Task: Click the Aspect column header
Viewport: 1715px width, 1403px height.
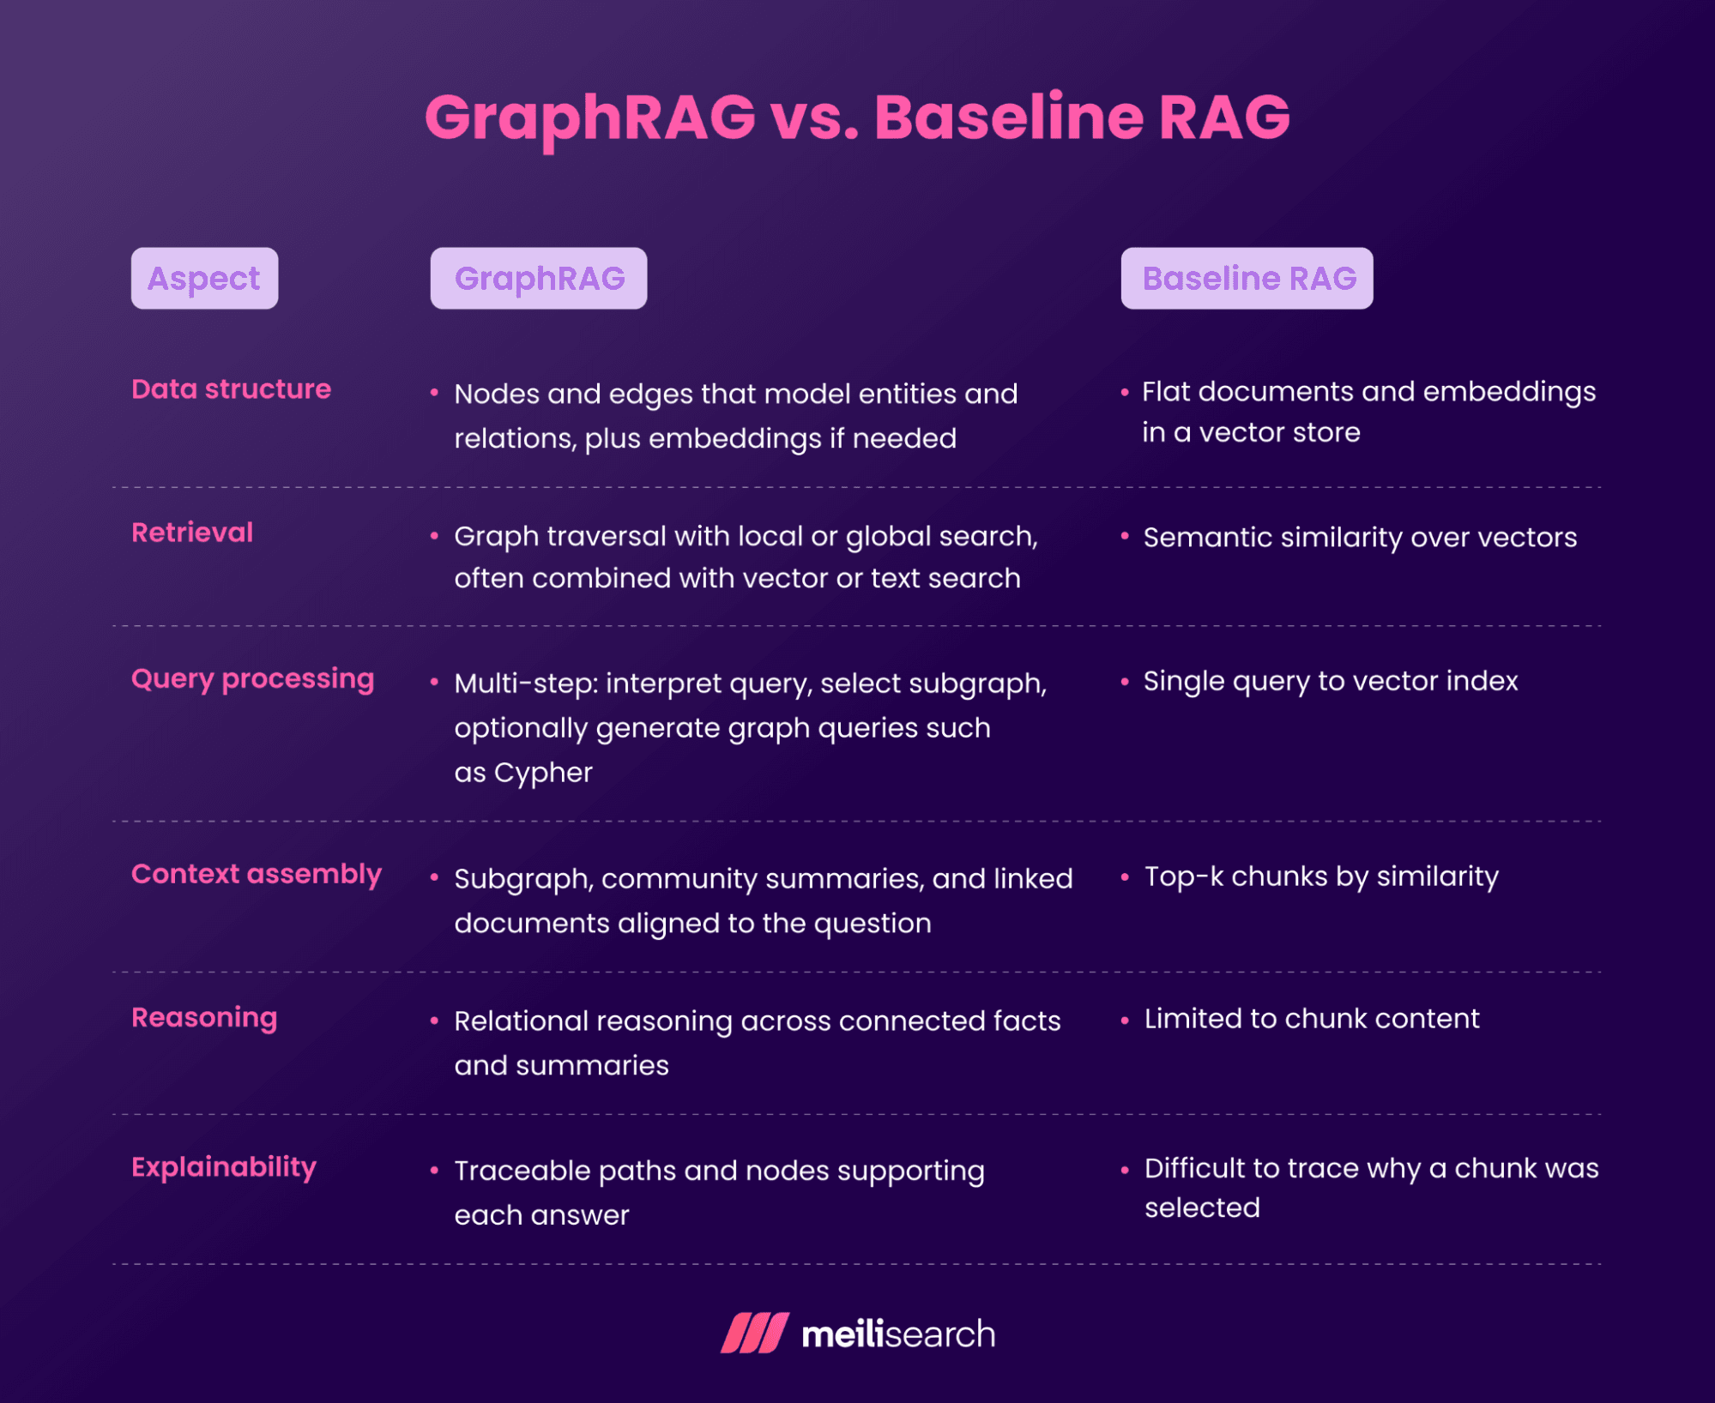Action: pyautogui.click(x=204, y=279)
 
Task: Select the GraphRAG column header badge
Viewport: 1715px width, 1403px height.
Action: pyautogui.click(x=539, y=279)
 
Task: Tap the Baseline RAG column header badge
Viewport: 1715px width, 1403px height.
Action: pyautogui.click(x=1247, y=279)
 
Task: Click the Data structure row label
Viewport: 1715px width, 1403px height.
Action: pyautogui.click(x=232, y=389)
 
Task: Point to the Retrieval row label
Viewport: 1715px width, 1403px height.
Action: pyautogui.click(x=192, y=533)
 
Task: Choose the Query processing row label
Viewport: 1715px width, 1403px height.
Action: pyautogui.click(x=253, y=679)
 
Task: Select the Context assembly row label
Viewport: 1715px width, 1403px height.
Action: pyautogui.click(x=257, y=875)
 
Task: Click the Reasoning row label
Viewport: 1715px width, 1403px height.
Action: pyautogui.click(x=204, y=1018)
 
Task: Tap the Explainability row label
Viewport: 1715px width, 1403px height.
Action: pyautogui.click(x=224, y=1167)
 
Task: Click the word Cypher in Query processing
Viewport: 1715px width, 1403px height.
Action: pyautogui.click(x=543, y=773)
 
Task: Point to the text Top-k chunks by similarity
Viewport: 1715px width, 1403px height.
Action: pyautogui.click(x=1321, y=876)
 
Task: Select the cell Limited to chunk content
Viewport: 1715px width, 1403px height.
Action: pyautogui.click(x=1312, y=1018)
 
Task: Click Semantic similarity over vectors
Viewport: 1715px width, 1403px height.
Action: pyautogui.click(x=1360, y=538)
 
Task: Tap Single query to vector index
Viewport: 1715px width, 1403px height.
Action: pyautogui.click(x=1331, y=682)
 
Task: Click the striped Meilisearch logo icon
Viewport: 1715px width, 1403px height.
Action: pyautogui.click(x=755, y=1333)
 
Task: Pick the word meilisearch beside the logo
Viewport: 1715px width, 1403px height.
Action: pyautogui.click(x=898, y=1334)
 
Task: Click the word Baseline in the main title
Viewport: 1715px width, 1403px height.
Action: pyautogui.click(x=1009, y=117)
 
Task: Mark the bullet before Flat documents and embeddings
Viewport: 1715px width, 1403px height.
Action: pyautogui.click(x=1125, y=393)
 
